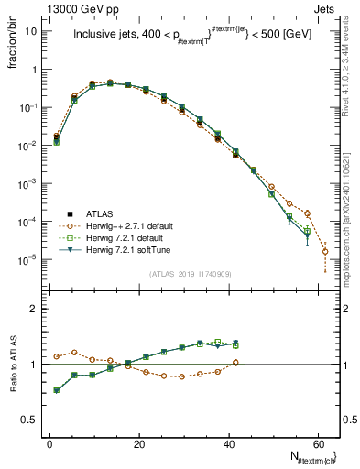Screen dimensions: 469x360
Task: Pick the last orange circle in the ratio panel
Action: click(235, 363)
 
